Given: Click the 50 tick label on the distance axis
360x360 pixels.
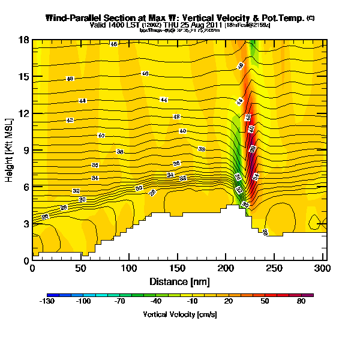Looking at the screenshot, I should [x=80, y=268].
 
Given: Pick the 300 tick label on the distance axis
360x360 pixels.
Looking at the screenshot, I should [x=323, y=268].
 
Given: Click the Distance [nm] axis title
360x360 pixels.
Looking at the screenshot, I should [x=178, y=280].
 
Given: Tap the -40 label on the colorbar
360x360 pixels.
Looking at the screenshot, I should [x=155, y=302].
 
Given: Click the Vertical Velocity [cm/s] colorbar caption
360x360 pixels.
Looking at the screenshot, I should [x=179, y=314].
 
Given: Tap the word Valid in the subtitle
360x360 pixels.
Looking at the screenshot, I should [x=99, y=25].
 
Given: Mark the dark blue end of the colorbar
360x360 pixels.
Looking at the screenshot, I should [x=49, y=295].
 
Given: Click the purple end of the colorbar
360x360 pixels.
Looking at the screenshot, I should [x=310, y=295].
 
